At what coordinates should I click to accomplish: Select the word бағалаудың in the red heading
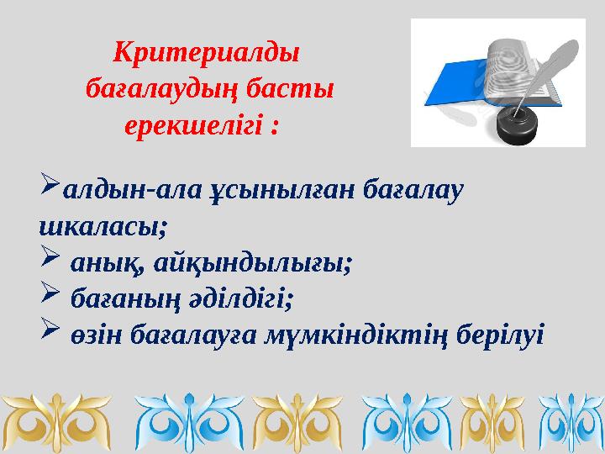coord(158,89)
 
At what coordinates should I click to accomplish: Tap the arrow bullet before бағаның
coord(50,295)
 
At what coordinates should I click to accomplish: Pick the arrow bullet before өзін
coord(50,332)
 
